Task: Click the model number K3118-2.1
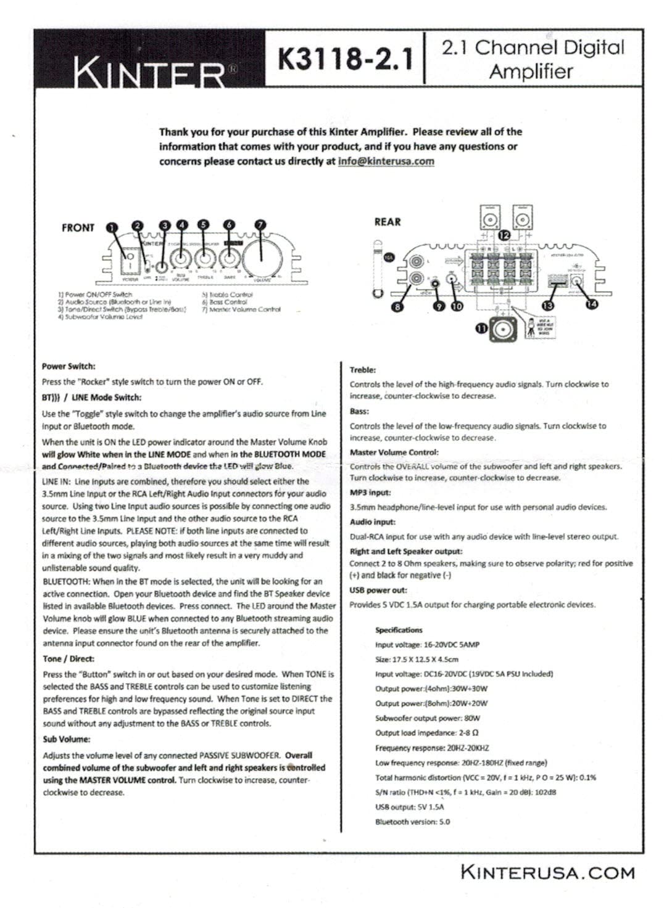(345, 60)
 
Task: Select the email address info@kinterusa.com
(386, 162)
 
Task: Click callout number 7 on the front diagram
(260, 226)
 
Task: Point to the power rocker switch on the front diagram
(130, 262)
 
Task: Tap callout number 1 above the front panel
(112, 227)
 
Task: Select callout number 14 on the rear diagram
(592, 304)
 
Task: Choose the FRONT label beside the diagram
(78, 228)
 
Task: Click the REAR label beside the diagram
(387, 222)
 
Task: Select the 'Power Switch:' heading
(68, 366)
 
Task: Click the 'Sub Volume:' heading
(66, 739)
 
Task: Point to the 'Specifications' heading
(399, 630)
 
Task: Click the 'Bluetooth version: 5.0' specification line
(412, 822)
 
